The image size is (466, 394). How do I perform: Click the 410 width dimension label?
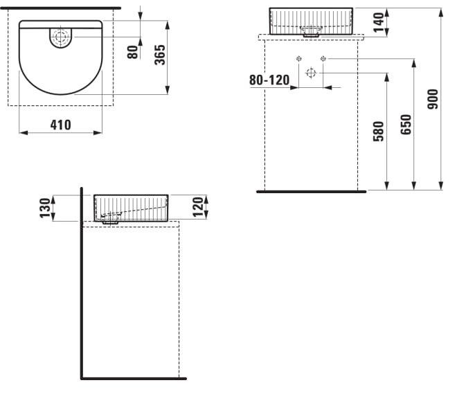coord(61,125)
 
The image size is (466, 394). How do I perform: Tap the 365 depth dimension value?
coord(159,55)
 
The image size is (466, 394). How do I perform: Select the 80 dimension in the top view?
coord(132,52)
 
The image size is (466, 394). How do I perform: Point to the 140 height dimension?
coord(378,22)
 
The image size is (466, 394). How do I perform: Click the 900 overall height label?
coord(433,99)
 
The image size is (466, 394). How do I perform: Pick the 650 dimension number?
coord(406,125)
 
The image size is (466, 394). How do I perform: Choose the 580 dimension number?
coord(379,131)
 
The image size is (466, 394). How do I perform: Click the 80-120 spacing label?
coord(269,80)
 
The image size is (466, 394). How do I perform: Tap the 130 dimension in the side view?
coord(45,208)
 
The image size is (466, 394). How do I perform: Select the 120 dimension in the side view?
coord(198,207)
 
